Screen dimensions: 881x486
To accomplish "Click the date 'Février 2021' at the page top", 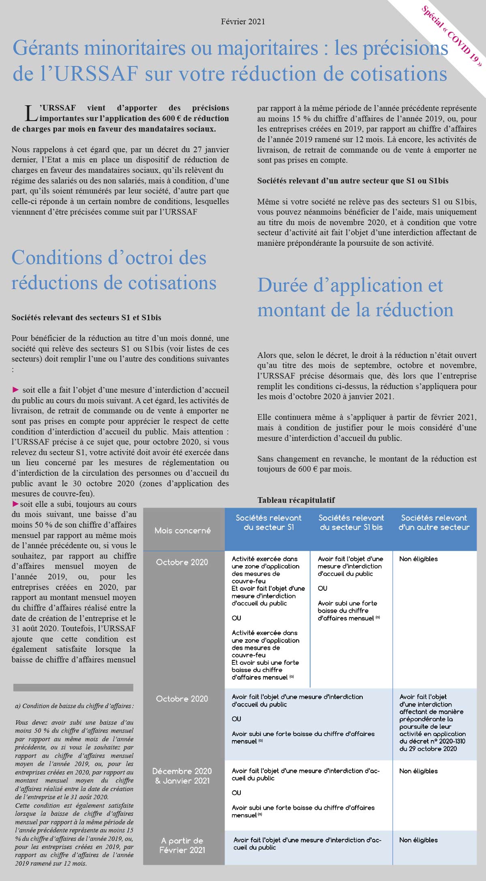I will coord(243,21).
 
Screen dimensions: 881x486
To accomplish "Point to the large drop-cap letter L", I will coord(31,113).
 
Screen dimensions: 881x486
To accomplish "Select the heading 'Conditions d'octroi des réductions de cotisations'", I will coord(113,270).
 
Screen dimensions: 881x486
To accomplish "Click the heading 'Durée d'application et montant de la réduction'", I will coord(355,298).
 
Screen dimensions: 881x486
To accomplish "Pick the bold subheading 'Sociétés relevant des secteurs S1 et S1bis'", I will coord(86,317).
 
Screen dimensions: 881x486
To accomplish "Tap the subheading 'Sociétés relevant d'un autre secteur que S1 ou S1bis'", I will coord(353,181).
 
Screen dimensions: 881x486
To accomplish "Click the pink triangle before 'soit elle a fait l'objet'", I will coord(16,389).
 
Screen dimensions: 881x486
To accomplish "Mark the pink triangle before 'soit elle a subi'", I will coord(16,504).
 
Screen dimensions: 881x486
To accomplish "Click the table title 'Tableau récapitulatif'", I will coord(296,500).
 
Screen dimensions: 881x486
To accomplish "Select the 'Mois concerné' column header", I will coord(183,530).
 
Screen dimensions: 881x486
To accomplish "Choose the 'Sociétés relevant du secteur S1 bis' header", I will coord(351,522).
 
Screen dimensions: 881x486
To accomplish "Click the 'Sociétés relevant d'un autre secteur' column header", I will coord(434,522).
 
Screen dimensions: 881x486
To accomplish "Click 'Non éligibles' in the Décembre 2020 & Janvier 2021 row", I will coord(418,771).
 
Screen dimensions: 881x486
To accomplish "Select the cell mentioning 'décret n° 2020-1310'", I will coord(432,723).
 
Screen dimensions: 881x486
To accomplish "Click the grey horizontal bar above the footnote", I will coord(73,687).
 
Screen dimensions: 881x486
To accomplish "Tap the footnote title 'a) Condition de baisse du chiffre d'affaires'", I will coord(74,706).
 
